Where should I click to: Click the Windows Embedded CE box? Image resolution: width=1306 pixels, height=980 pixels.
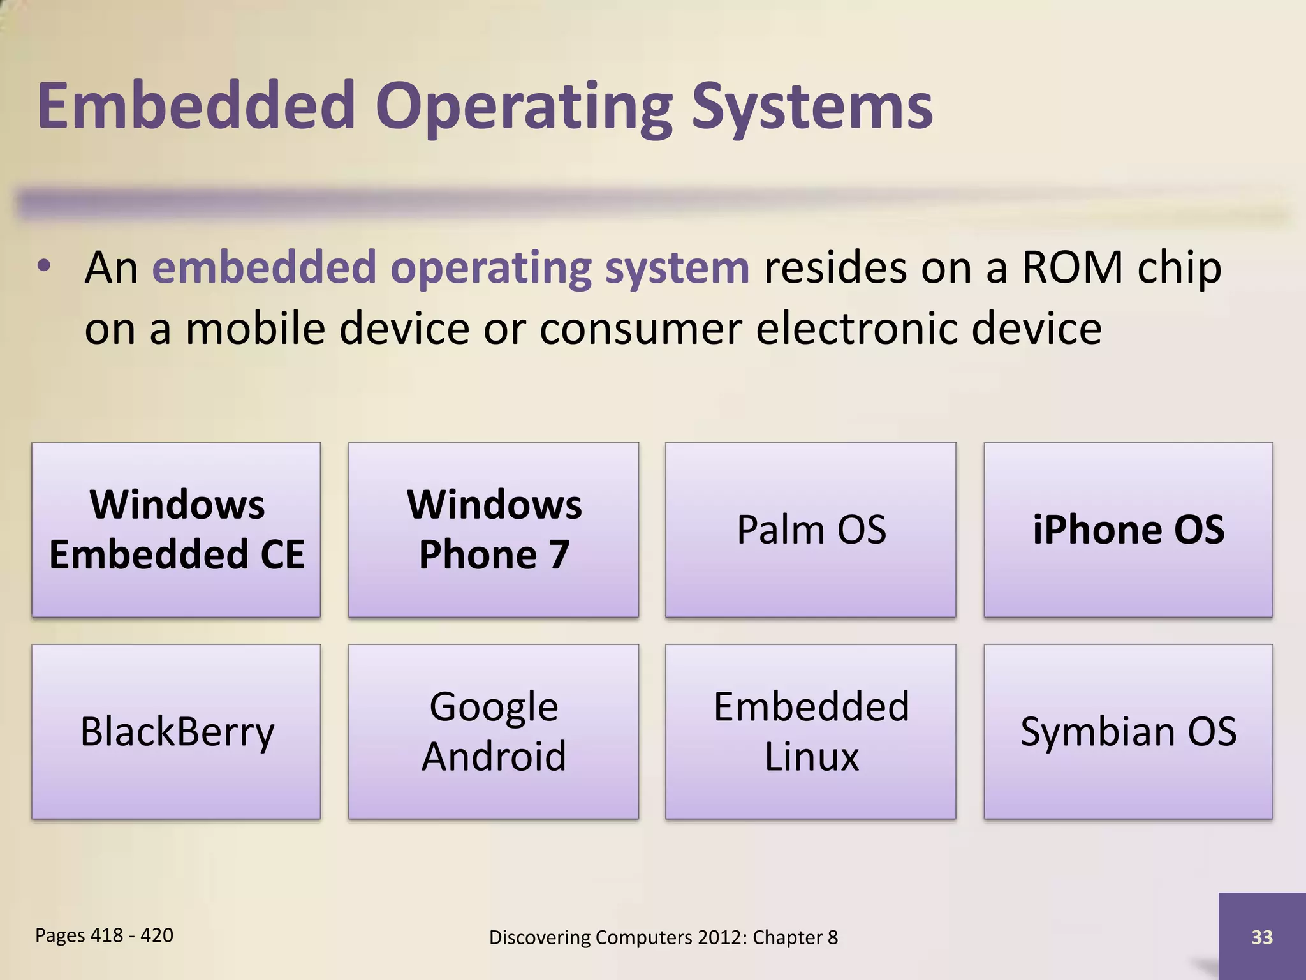[x=176, y=530]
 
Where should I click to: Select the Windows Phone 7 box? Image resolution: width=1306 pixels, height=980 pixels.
[x=494, y=530]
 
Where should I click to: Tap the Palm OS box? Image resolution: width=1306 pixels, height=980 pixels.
[x=811, y=530]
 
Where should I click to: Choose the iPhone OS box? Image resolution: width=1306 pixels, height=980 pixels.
[x=1128, y=530]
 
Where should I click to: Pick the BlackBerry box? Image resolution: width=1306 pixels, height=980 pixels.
[x=176, y=731]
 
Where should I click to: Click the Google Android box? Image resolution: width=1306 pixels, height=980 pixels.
[x=494, y=731]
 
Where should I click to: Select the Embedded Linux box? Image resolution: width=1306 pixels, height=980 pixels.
[x=811, y=731]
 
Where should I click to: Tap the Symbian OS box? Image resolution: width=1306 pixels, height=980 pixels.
[x=1128, y=731]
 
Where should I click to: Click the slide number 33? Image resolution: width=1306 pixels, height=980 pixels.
[x=1262, y=937]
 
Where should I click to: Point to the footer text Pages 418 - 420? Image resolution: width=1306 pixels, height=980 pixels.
[x=104, y=935]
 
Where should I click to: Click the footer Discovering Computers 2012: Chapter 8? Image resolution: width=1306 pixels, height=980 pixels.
[x=663, y=937]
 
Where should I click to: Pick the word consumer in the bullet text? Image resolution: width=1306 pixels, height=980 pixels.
[x=640, y=330]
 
